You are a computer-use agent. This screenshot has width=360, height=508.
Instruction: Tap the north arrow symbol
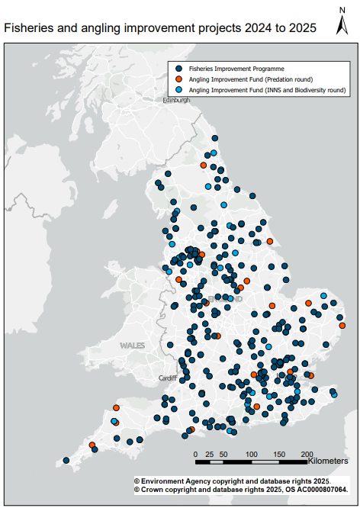(342, 23)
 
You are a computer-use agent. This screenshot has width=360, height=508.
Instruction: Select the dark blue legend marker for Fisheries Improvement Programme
(179, 68)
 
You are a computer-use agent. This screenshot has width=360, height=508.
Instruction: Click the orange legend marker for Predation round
(179, 79)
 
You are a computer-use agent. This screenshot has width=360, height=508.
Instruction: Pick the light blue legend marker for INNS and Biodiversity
(179, 89)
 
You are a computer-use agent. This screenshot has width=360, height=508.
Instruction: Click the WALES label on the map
(131, 346)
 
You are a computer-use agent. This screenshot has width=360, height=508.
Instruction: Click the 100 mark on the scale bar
(251, 455)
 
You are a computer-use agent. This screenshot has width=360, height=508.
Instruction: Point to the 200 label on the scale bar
(307, 455)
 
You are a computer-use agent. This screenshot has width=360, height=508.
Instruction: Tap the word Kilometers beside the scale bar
(329, 461)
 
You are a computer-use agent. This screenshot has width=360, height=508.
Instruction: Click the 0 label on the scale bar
(196, 455)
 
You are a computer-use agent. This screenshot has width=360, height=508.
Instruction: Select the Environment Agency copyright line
(231, 481)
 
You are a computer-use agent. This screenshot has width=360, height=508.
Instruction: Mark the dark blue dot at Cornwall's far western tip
(66, 460)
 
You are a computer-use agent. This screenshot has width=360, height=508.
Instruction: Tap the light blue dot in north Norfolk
(323, 296)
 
